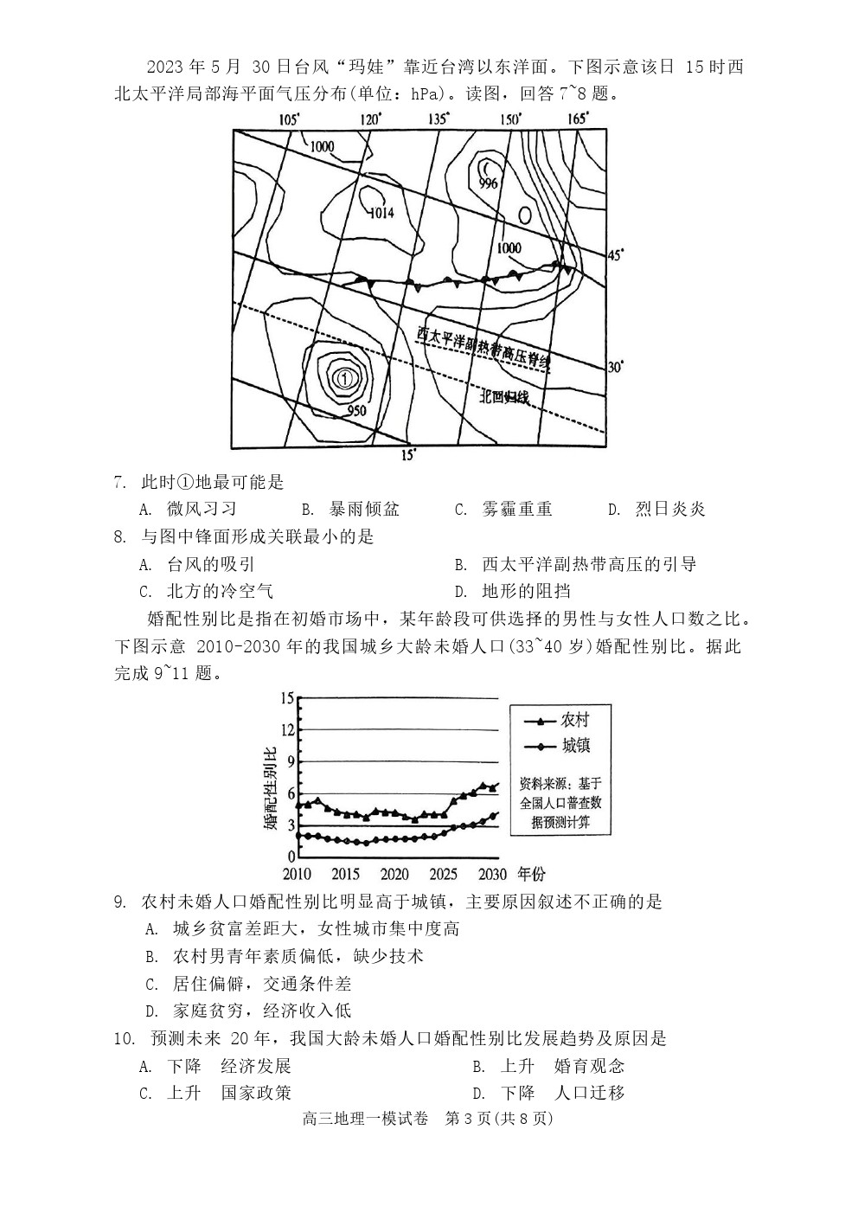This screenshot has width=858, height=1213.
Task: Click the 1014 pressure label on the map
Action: pyautogui.click(x=381, y=213)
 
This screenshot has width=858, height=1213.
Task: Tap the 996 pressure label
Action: pyautogui.click(x=489, y=183)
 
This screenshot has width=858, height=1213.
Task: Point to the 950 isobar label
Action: pyautogui.click(x=356, y=410)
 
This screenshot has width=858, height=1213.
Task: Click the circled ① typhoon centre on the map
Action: pyautogui.click(x=345, y=377)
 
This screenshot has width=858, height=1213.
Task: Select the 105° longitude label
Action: pyautogui.click(x=289, y=119)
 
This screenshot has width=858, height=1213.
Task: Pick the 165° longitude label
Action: pyautogui.click(x=578, y=119)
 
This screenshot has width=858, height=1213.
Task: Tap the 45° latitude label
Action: pyautogui.click(x=615, y=255)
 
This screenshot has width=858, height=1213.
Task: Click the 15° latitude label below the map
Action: pyautogui.click(x=410, y=455)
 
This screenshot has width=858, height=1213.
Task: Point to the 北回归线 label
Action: pyautogui.click(x=503, y=397)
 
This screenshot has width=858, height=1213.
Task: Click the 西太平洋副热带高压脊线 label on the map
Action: pyautogui.click(x=483, y=348)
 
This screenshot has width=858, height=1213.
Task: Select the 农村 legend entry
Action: pyautogui.click(x=556, y=720)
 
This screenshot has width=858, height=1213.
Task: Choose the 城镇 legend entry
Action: pyautogui.click(x=556, y=746)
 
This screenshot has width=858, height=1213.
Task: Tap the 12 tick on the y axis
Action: pyautogui.click(x=288, y=729)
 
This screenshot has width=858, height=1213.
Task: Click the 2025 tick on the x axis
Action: pyautogui.click(x=443, y=874)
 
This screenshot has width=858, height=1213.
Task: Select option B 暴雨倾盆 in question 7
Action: pyautogui.click(x=350, y=509)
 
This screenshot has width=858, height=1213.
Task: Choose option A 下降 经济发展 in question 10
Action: pyautogui.click(x=214, y=1066)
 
